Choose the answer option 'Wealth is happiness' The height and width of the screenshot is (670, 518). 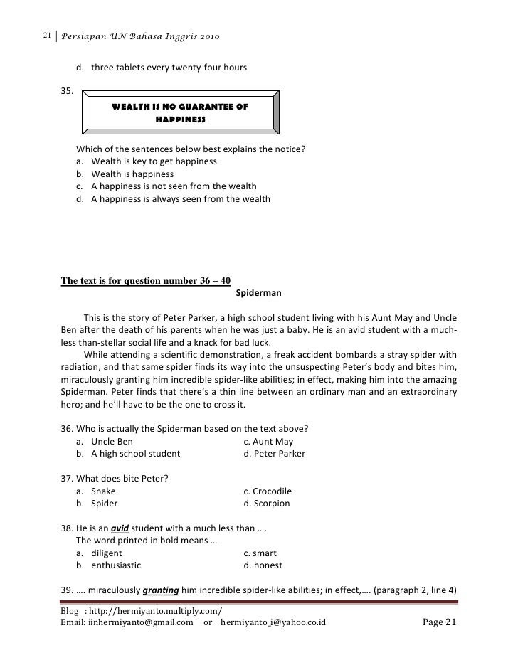pos(132,174)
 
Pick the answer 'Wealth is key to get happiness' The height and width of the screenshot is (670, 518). pos(154,161)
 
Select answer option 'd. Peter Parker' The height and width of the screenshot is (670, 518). pos(274,453)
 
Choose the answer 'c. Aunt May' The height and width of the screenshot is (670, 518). pos(268,441)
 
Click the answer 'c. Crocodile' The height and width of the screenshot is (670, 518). pos(268,491)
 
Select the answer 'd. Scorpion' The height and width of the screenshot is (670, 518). pos(267,504)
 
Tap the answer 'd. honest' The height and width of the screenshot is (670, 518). pos(263,565)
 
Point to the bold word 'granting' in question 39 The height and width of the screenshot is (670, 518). pos(161,590)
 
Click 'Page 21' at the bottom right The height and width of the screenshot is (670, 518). pos(438,623)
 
